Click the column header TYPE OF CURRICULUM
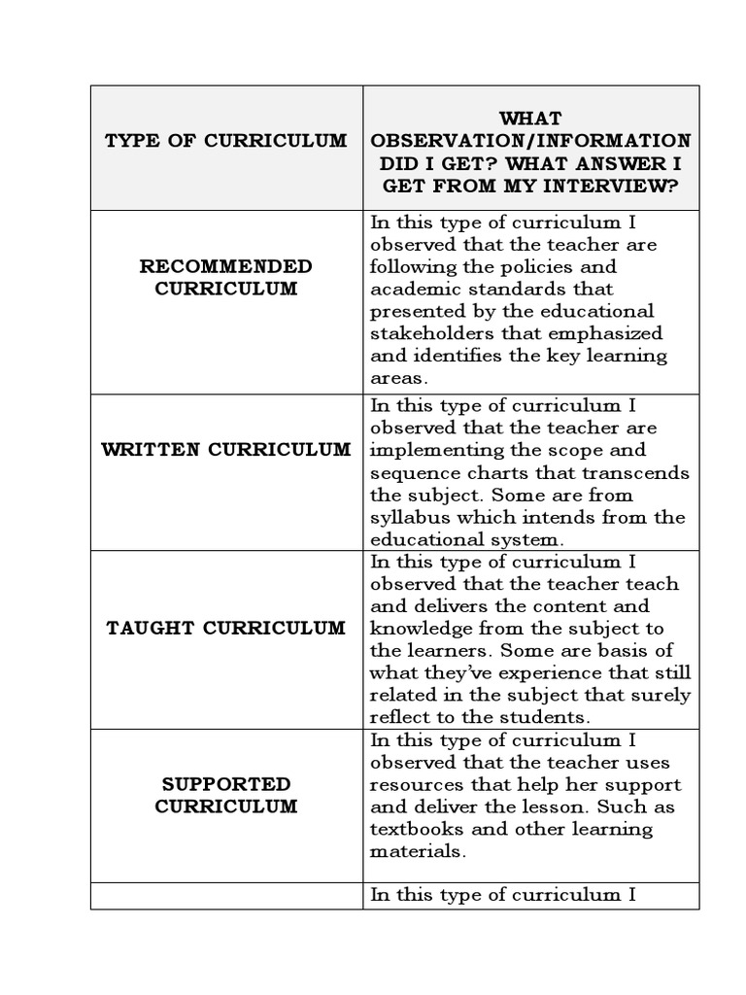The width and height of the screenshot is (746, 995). [x=225, y=141]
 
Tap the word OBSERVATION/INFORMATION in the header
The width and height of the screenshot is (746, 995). [x=530, y=141]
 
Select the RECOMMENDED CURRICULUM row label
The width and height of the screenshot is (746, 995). [x=225, y=277]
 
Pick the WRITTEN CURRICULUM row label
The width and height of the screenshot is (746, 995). [x=225, y=450]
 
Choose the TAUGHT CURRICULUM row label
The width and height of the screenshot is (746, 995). [x=225, y=628]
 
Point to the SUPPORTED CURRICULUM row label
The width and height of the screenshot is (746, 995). [x=225, y=795]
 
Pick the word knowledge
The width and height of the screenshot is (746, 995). [x=418, y=629]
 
